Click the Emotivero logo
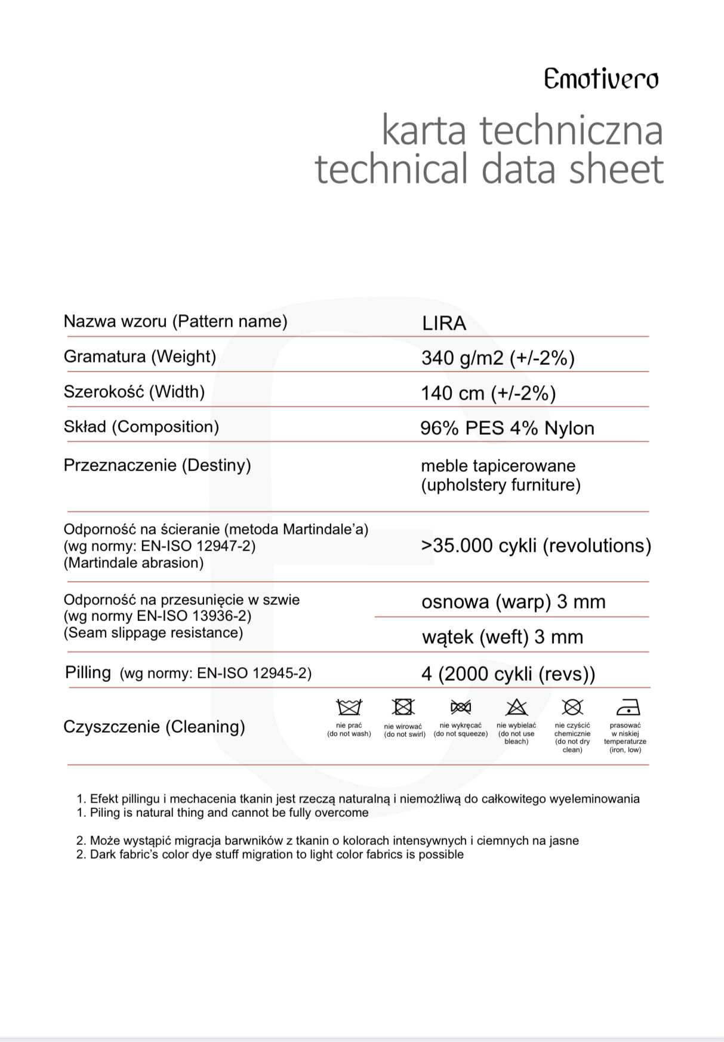click(x=600, y=79)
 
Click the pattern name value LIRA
click(x=444, y=323)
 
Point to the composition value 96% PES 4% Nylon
click(x=507, y=428)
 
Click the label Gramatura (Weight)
click(x=140, y=356)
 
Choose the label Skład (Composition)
click(x=141, y=426)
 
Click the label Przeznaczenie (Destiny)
click(x=157, y=465)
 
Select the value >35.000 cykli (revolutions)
click(x=535, y=545)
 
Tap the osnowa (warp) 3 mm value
click(x=513, y=601)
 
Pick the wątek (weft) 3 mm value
click(x=502, y=637)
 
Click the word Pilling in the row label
click(x=88, y=672)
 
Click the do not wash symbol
click(x=349, y=707)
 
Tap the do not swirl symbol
click(x=403, y=707)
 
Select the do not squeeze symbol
click(x=460, y=707)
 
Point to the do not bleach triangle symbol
click(x=516, y=707)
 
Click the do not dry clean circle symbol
click(x=572, y=707)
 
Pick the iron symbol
click(x=627, y=707)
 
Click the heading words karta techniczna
click(x=522, y=130)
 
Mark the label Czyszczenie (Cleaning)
click(x=154, y=726)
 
